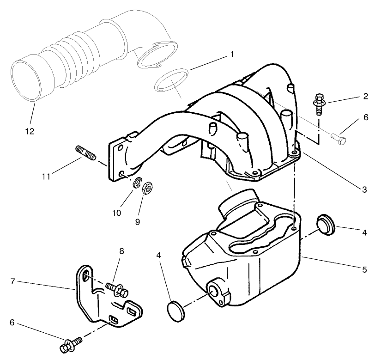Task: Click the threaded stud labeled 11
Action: click(x=85, y=153)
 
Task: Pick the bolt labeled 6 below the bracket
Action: click(x=71, y=344)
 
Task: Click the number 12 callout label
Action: click(x=29, y=132)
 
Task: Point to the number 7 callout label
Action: click(x=14, y=281)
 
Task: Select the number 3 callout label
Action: click(x=364, y=189)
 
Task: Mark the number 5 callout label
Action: click(x=364, y=269)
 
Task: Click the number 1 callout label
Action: click(x=232, y=54)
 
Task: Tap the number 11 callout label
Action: click(x=45, y=177)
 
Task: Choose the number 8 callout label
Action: click(x=121, y=251)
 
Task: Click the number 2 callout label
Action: click(x=365, y=97)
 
